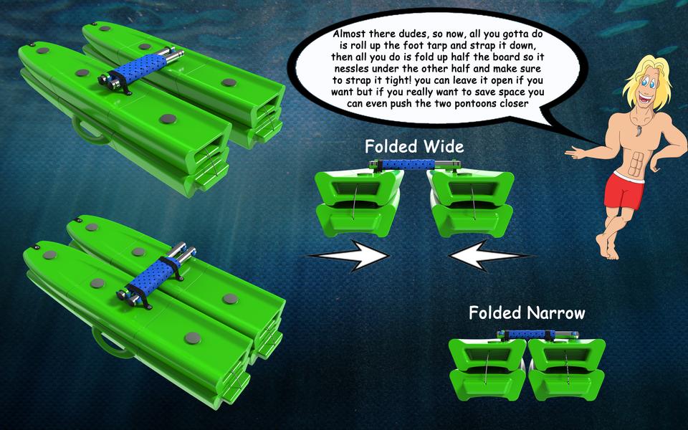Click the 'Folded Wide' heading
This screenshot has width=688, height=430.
(414, 147)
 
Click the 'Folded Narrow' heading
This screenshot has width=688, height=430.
(527, 313)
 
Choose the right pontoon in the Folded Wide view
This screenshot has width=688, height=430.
(470, 204)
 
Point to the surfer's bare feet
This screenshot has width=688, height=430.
(609, 250)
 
